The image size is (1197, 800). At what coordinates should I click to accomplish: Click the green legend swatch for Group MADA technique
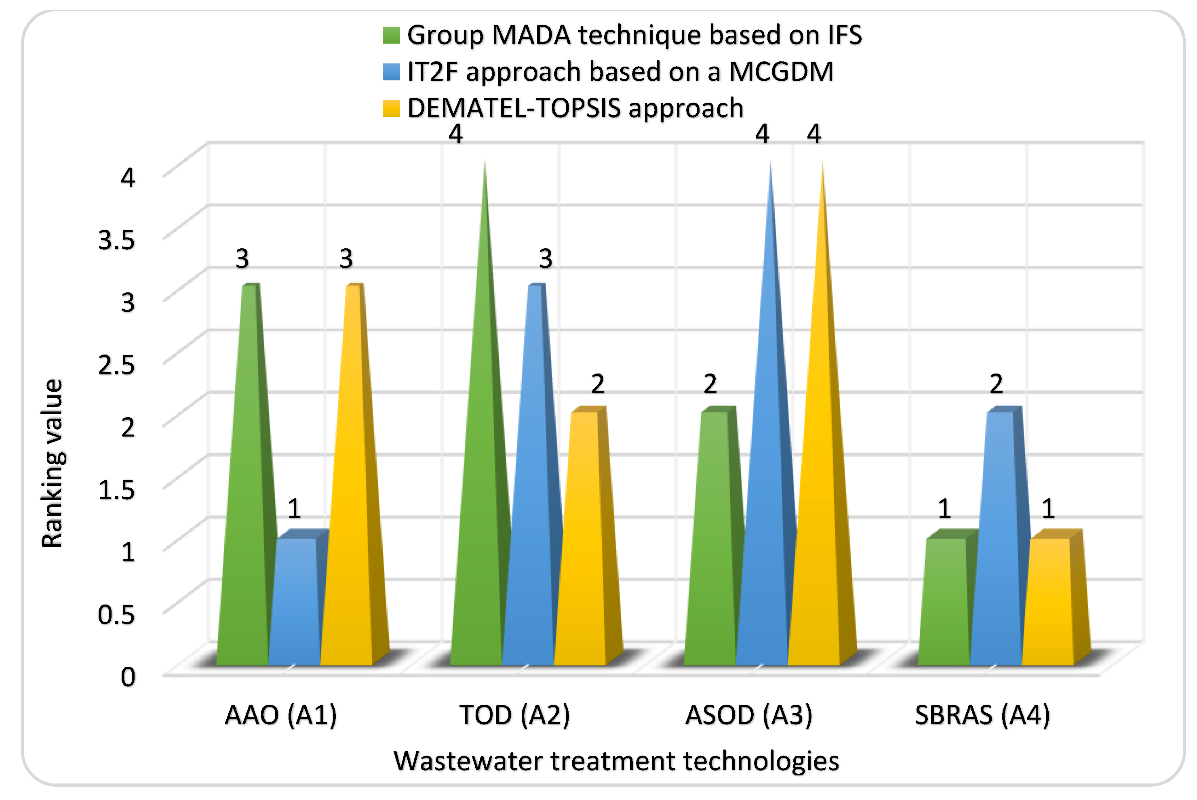(391, 35)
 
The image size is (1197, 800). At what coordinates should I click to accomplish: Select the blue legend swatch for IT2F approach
(391, 72)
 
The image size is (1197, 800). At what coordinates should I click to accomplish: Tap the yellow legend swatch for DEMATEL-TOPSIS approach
(391, 109)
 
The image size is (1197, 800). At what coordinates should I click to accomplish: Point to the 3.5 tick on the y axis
(117, 239)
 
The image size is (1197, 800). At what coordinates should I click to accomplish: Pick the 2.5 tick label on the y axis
(117, 364)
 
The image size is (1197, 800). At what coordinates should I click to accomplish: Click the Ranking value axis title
(52, 463)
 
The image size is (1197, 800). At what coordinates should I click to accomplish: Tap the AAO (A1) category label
(281, 715)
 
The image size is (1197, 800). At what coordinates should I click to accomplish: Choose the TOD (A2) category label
(514, 715)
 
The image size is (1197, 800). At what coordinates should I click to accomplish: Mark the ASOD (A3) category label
(748, 715)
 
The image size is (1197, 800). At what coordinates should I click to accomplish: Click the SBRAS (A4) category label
(982, 715)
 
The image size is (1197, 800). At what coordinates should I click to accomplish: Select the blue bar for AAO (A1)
(294, 602)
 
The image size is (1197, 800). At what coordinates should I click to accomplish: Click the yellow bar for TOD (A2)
(580, 541)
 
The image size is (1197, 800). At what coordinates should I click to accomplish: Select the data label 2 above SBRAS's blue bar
(996, 384)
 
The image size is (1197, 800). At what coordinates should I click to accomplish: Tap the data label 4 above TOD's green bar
(455, 134)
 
